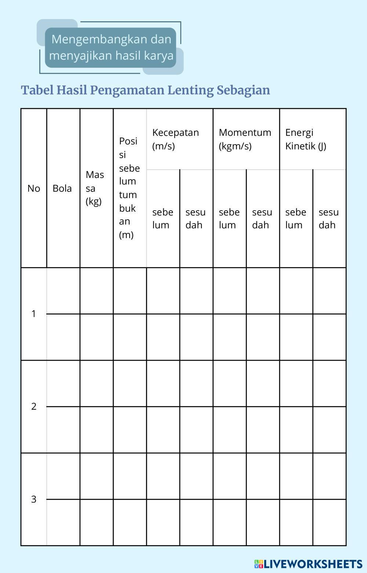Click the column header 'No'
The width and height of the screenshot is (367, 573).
point(34,188)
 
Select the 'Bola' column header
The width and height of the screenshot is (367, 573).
point(62,188)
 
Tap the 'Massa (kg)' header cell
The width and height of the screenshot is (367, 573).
point(95,188)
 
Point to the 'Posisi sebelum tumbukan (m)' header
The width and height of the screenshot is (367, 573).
point(129,188)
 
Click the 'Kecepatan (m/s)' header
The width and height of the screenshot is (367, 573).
point(175,139)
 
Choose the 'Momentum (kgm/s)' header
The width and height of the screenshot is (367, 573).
point(245,139)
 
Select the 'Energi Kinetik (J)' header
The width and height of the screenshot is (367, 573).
point(306,139)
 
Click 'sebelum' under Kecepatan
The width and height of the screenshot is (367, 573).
point(163,218)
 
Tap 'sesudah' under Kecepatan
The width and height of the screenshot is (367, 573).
point(196,218)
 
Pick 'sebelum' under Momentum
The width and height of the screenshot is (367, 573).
point(229,218)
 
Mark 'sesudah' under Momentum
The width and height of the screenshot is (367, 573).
point(262,218)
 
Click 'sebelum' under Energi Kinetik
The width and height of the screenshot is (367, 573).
point(295,218)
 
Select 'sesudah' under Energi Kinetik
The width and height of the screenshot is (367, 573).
point(328,218)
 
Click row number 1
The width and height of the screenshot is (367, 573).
point(34,314)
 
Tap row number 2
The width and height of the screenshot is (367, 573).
point(34,406)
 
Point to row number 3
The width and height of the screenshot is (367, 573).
point(34,499)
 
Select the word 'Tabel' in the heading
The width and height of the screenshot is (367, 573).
point(37,90)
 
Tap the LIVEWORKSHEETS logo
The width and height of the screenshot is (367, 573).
point(308,564)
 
